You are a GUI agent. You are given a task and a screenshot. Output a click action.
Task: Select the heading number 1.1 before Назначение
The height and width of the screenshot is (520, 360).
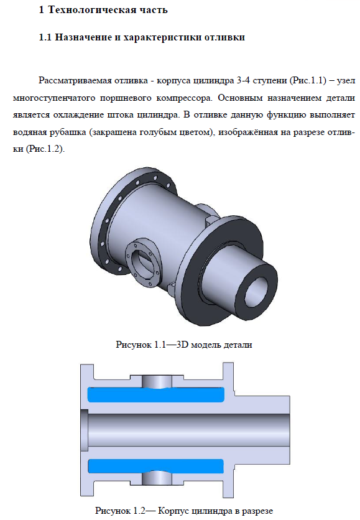click(45, 37)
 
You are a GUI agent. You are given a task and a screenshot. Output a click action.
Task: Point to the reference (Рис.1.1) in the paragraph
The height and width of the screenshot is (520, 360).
click(308, 81)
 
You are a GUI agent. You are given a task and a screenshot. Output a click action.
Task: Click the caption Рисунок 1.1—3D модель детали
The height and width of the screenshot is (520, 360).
click(184, 345)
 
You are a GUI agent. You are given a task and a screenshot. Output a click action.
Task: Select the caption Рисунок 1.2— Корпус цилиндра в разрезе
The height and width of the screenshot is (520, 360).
click(184, 511)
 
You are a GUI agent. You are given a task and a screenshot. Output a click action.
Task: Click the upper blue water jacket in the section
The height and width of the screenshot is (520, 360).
click(156, 394)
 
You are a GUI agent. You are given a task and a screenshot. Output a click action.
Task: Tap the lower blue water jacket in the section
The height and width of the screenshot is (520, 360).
click(156, 466)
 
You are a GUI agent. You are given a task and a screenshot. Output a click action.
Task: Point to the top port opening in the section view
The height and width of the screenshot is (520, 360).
click(157, 381)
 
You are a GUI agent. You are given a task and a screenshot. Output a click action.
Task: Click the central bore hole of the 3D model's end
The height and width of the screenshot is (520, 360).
click(256, 292)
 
